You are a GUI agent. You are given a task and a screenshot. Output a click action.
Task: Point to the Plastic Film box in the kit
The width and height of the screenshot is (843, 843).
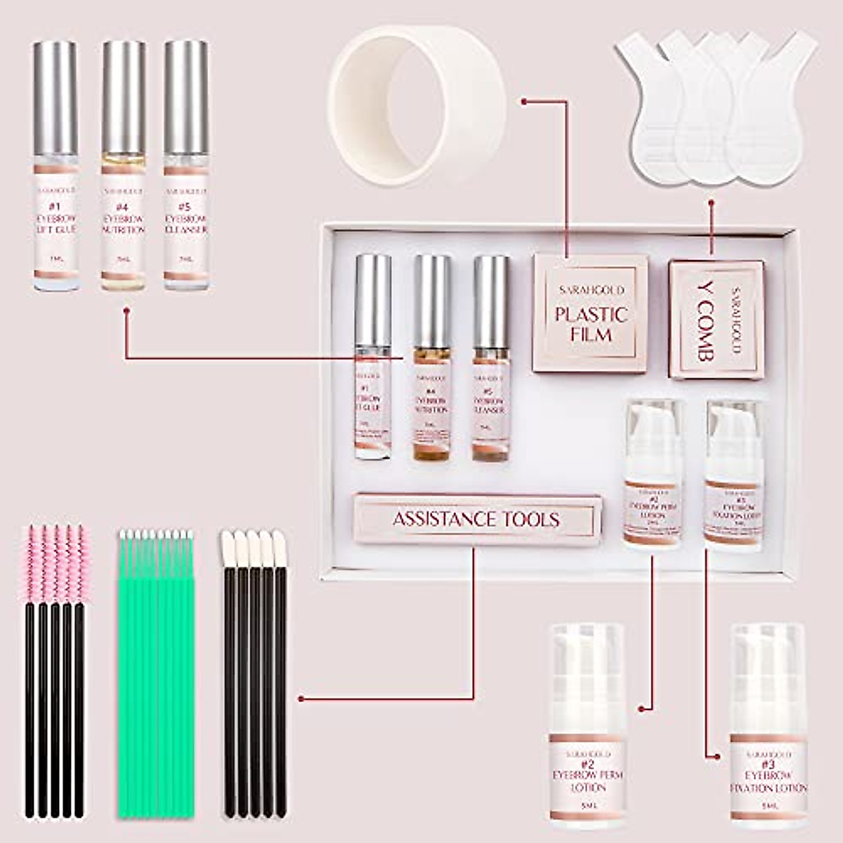[590, 313]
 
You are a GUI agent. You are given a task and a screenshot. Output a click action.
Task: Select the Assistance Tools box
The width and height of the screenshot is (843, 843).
[478, 519]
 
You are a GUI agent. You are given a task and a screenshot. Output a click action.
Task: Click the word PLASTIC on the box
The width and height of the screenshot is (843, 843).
[590, 313]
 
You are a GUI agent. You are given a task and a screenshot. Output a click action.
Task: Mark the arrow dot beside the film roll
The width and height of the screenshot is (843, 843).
[523, 102]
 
